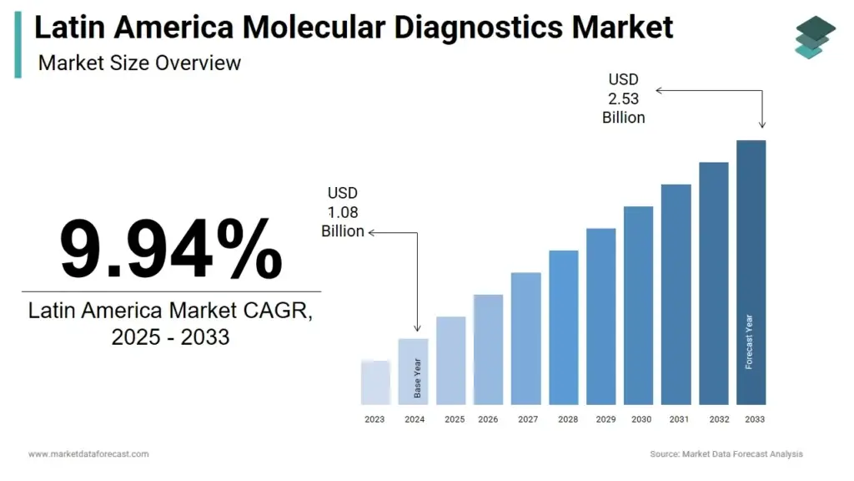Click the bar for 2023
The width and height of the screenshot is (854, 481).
[375, 382]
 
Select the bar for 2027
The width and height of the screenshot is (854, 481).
[525, 338]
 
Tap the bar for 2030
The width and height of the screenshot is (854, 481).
[638, 305]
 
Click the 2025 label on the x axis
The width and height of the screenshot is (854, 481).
[455, 419]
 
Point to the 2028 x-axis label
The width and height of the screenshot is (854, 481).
[567, 419]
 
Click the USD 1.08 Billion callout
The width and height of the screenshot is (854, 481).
[343, 212]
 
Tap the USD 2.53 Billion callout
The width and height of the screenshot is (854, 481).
[624, 99]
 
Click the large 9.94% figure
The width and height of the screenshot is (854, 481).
[171, 249]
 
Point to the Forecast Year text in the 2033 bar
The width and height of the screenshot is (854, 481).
[749, 341]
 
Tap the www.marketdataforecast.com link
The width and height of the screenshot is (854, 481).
[88, 454]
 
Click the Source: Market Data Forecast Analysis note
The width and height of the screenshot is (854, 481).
[726, 454]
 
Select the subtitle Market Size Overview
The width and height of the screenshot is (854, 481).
[139, 63]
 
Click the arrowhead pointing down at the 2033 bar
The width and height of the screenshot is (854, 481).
[762, 124]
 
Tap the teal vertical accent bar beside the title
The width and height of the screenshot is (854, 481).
[18, 45]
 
